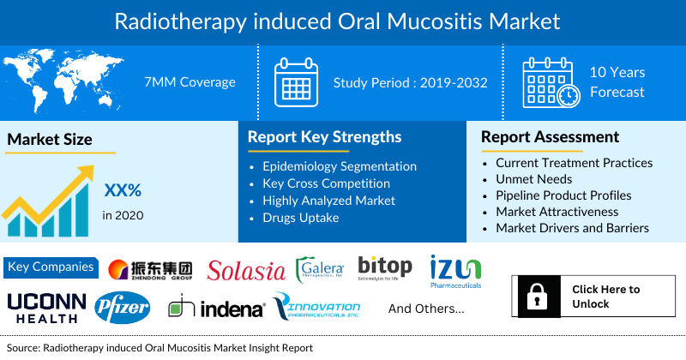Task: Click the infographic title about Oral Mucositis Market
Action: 343,19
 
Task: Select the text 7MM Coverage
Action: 190,82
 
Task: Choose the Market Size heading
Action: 50,139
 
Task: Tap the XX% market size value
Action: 123,190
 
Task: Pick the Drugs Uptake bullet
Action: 303,218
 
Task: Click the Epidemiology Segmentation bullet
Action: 340,166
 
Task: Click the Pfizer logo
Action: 123,305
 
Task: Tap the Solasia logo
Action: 246,271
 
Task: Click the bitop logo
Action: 385,268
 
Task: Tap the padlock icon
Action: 537,297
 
